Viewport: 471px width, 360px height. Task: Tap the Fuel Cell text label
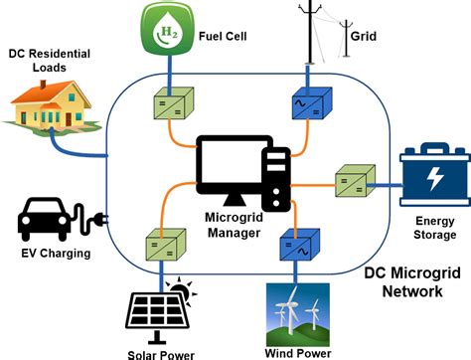(225, 36)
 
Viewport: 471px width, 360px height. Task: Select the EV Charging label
(56, 254)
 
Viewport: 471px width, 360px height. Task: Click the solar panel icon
(155, 305)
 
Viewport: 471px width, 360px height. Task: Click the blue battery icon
(433, 175)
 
